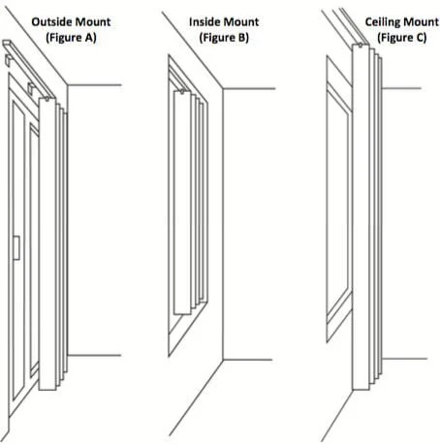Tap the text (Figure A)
pyautogui.click(x=71, y=38)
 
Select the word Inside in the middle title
pyautogui.click(x=204, y=21)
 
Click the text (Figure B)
pyautogui.click(x=224, y=38)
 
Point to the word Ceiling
pyautogui.click(x=382, y=22)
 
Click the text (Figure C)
pyautogui.click(x=402, y=38)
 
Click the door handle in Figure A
pyautogui.click(x=16, y=248)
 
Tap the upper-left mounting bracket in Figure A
pyautogui.click(x=9, y=60)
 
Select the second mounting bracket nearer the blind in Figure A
pyautogui.click(x=31, y=89)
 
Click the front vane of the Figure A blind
pyautogui.click(x=47, y=244)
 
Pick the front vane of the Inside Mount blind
pyautogui.click(x=182, y=203)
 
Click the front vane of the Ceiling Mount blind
pyautogui.click(x=361, y=217)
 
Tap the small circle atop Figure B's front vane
pyautogui.click(x=182, y=92)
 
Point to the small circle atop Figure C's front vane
pyautogui.click(x=361, y=46)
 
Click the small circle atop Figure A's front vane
pyautogui.click(x=47, y=99)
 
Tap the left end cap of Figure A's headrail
pyautogui.click(x=7, y=44)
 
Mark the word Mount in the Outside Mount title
pyautogui.click(x=90, y=21)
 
